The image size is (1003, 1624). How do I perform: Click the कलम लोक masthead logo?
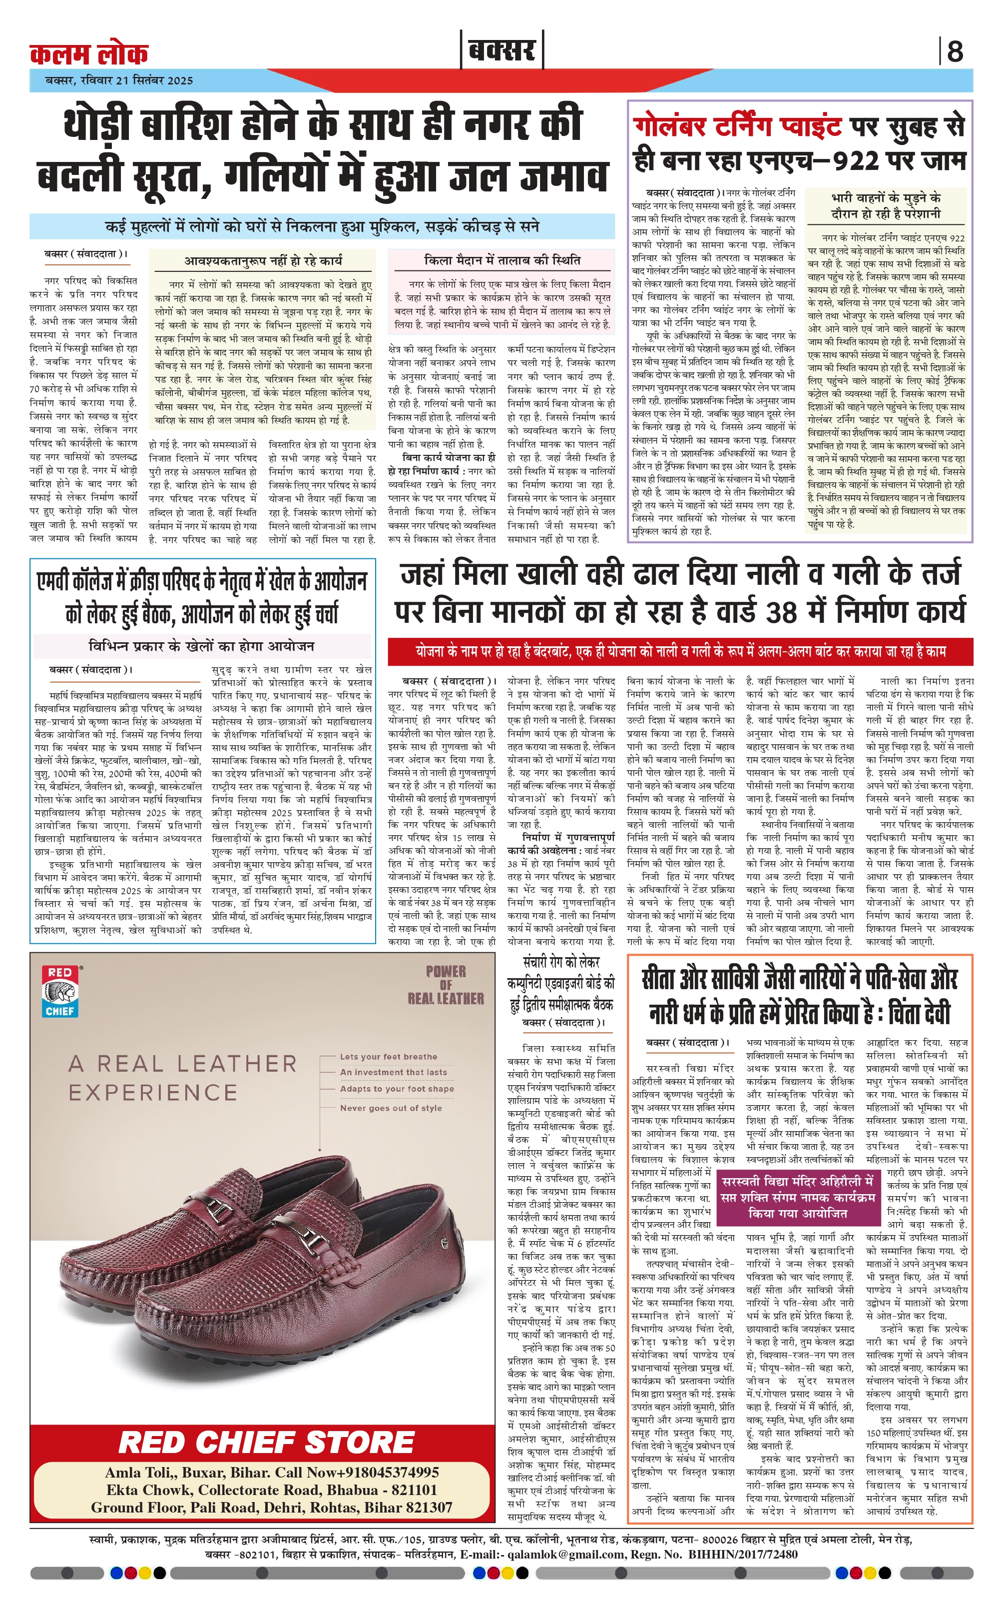pos(89,54)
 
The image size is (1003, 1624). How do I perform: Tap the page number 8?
pos(955,51)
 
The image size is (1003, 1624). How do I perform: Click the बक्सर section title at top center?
pos(501,50)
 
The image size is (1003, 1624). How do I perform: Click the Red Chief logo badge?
pos(60,991)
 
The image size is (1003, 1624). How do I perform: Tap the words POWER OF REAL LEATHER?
pos(445,985)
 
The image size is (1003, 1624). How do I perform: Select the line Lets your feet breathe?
pos(388,1057)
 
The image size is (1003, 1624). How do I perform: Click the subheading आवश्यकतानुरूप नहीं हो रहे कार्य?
pos(263,261)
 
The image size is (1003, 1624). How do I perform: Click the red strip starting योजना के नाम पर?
pos(680,652)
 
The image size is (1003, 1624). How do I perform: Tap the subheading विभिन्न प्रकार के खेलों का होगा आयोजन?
pos(202,646)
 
